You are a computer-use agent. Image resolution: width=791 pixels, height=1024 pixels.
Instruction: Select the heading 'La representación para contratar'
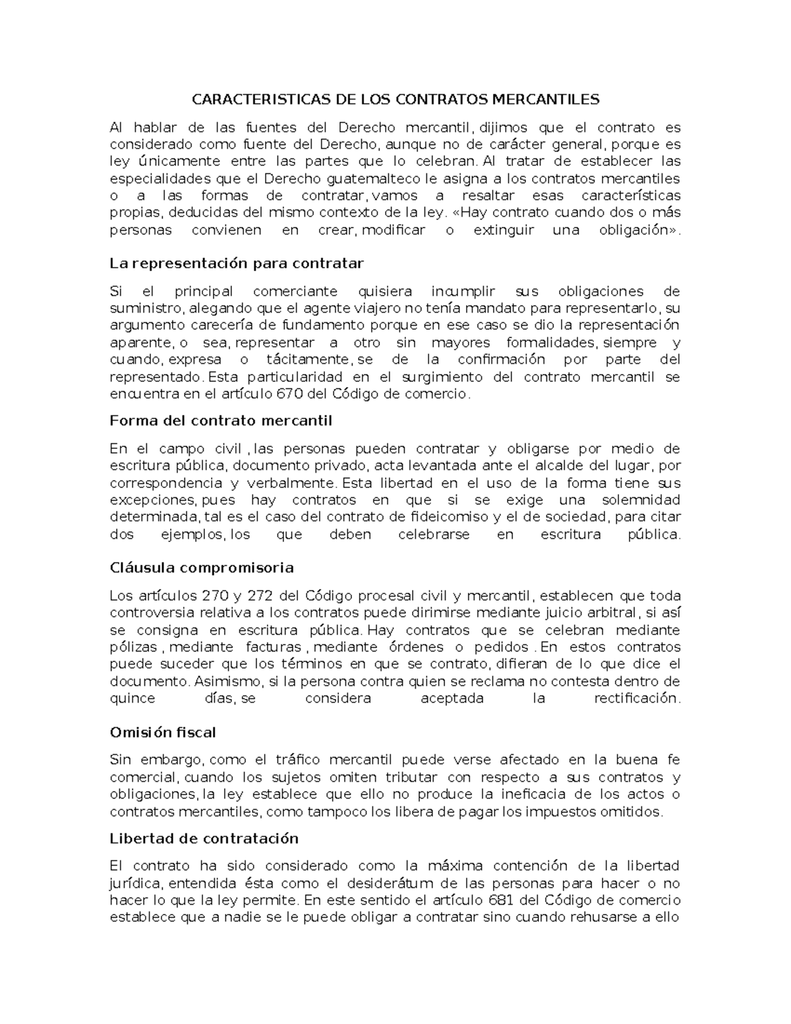click(x=237, y=264)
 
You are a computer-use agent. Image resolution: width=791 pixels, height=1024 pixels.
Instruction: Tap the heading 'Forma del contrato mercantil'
click(x=221, y=421)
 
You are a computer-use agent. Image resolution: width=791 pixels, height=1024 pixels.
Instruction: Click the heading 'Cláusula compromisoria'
click(x=202, y=568)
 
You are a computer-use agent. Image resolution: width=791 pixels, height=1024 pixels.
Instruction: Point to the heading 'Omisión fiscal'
click(x=163, y=733)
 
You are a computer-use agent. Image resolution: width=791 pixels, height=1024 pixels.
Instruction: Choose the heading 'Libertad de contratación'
click(x=204, y=839)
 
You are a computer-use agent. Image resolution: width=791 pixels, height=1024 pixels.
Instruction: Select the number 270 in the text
click(x=215, y=596)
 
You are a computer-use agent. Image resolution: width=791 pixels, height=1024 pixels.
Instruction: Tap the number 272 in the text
click(x=260, y=596)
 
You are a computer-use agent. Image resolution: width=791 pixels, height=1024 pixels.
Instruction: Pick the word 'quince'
click(x=132, y=698)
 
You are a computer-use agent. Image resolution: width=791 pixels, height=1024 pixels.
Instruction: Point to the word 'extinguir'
click(x=502, y=230)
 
